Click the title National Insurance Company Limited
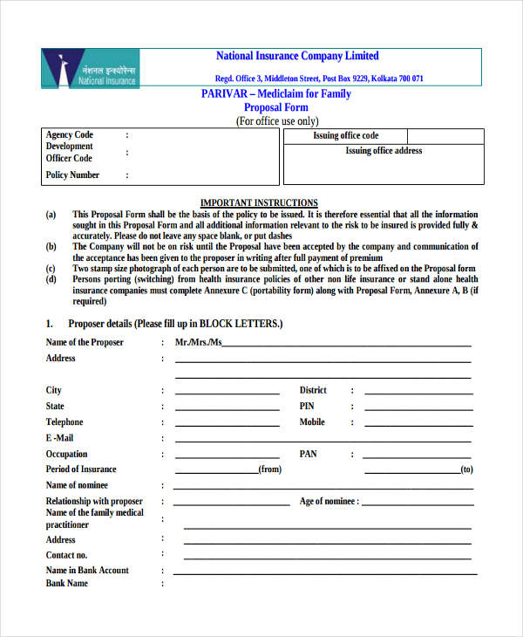tap(297, 56)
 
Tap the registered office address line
tap(319, 79)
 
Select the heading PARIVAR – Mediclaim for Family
tap(276, 93)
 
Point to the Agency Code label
tap(70, 135)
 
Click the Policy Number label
tap(72, 175)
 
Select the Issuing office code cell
tap(346, 136)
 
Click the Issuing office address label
tap(384, 151)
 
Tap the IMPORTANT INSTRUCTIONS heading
tap(259, 202)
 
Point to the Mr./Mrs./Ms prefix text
tap(198, 343)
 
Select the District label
tap(313, 390)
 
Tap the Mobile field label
tap(312, 422)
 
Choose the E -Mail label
tap(60, 438)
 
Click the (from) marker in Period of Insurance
tap(269, 469)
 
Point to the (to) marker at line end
tap(466, 469)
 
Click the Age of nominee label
tap(328, 502)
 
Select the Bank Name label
tap(67, 584)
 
